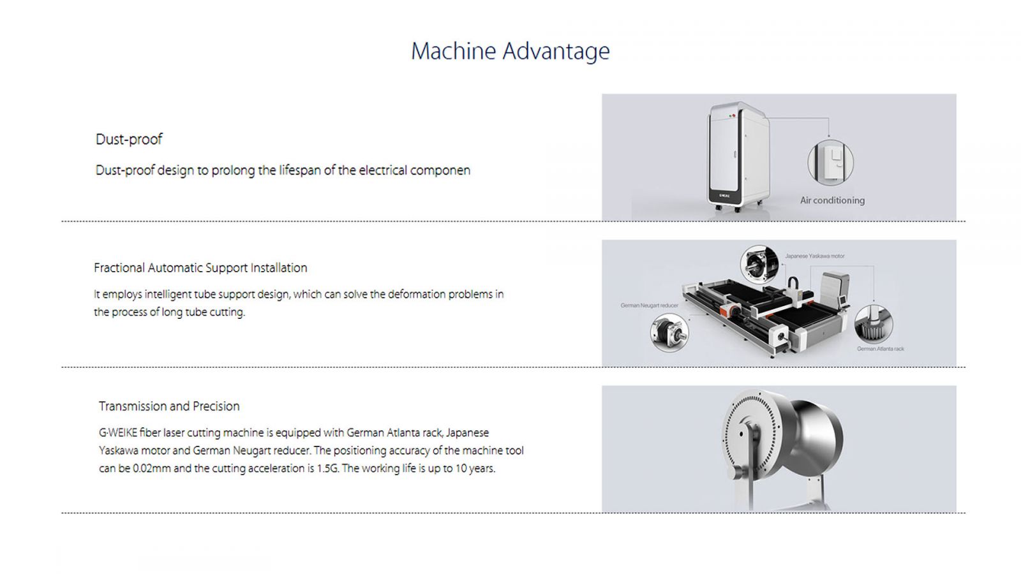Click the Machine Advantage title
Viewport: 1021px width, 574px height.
pos(510,51)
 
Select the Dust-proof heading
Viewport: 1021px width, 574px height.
pos(129,139)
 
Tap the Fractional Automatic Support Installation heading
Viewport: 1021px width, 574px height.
pos(200,268)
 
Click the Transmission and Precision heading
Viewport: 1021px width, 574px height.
pos(169,406)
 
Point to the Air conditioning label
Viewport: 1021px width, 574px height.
pos(832,200)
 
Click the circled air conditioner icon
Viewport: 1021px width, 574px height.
pos(830,162)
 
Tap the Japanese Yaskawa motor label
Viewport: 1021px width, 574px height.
pos(814,256)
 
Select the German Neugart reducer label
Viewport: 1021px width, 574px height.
pos(649,305)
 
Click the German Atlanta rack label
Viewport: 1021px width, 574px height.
pos(880,349)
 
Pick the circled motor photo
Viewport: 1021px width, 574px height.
pos(759,265)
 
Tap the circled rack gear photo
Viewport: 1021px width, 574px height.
pos(874,325)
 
